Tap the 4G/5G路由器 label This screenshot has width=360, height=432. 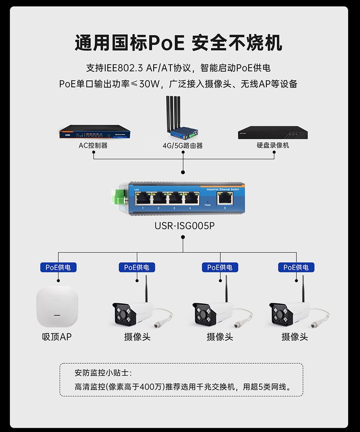(x=182, y=145)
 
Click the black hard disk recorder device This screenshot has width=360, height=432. (x=272, y=132)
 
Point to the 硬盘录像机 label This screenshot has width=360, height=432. (x=273, y=145)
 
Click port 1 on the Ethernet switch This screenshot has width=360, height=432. (x=143, y=197)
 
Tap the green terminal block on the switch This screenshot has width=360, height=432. (x=118, y=197)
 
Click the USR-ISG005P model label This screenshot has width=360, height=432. (x=183, y=226)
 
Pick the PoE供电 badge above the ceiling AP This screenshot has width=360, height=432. (x=58, y=267)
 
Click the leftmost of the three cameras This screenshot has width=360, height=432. (x=134, y=311)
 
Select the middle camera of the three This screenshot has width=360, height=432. (x=215, y=311)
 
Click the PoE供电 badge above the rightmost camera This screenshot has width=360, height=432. (x=296, y=267)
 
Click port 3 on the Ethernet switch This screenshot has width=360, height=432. (x=174, y=197)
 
